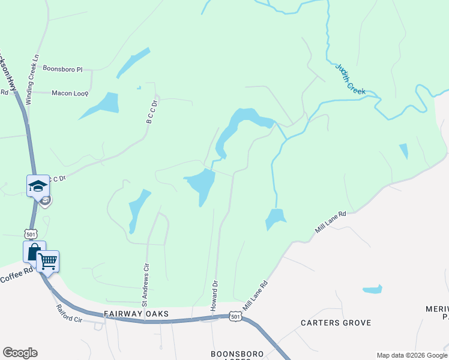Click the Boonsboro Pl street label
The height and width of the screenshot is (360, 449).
point(62,70)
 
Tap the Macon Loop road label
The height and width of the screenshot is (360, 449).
point(70,94)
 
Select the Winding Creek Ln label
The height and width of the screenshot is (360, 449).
point(36,71)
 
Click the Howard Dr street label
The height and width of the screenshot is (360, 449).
point(214,295)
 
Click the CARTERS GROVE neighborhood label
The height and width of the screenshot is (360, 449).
point(336,323)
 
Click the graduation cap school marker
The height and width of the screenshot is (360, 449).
point(38,185)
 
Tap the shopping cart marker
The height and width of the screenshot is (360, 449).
point(48,261)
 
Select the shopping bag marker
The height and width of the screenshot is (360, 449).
point(34,251)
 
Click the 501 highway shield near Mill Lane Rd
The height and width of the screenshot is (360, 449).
point(236,316)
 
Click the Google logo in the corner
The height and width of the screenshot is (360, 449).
point(20,353)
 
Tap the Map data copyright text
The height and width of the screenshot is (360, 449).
point(412,355)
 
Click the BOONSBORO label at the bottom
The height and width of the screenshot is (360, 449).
point(238,354)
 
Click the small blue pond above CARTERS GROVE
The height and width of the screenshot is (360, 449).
point(372,289)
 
